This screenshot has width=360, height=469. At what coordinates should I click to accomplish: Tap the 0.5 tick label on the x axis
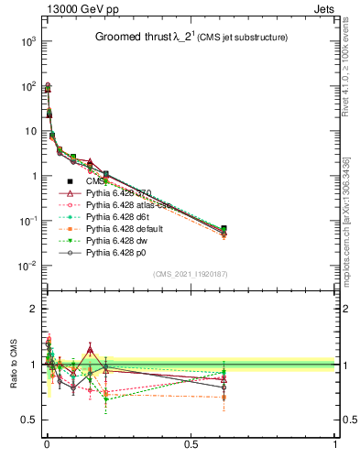point(191,444)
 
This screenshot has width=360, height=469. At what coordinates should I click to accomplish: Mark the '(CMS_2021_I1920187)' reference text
point(191,274)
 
